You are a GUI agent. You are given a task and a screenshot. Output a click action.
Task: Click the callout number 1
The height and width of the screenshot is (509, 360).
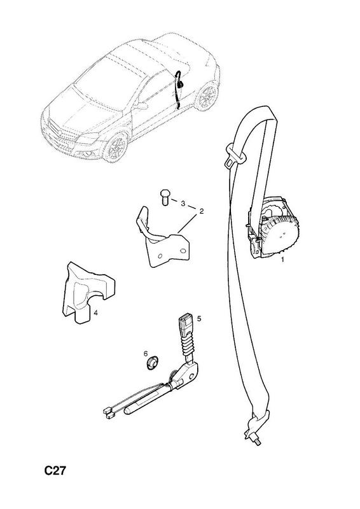click(x=282, y=260)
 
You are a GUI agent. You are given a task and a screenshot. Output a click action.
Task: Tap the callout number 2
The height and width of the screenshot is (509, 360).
click(x=202, y=211)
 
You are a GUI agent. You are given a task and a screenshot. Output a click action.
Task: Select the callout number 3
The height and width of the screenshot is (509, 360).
click(x=183, y=204)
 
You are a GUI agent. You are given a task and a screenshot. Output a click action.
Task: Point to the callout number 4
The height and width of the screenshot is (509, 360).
click(x=95, y=312)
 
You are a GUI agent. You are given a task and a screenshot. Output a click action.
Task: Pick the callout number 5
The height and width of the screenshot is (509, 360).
click(x=199, y=319)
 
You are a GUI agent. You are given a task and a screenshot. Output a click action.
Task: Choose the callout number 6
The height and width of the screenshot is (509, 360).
click(x=146, y=354)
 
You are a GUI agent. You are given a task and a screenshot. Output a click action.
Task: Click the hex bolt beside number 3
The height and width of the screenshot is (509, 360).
click(x=165, y=197)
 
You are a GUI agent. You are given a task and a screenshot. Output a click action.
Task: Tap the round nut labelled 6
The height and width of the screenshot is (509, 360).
click(x=151, y=363)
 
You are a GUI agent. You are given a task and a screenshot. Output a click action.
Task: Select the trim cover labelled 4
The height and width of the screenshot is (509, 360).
click(x=88, y=292)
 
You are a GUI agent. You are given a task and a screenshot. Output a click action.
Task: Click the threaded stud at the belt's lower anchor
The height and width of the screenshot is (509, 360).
click(x=256, y=440)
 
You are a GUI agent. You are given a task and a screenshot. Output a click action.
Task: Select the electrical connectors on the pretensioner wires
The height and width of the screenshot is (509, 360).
click(x=108, y=412)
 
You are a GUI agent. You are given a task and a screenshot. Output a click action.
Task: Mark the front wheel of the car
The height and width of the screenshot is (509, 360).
click(x=116, y=148)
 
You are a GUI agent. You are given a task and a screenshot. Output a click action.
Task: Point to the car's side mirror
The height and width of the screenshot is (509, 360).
click(x=142, y=106)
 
